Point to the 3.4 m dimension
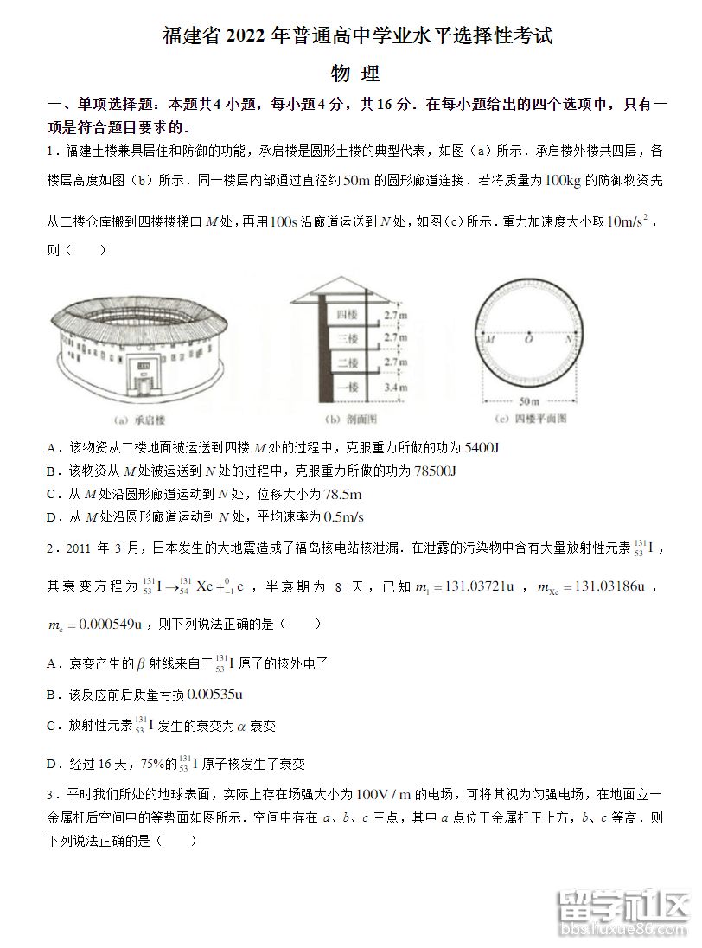[x=396, y=388]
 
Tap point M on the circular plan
[x=489, y=340]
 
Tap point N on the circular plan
[x=569, y=340]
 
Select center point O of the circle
[x=528, y=341]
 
